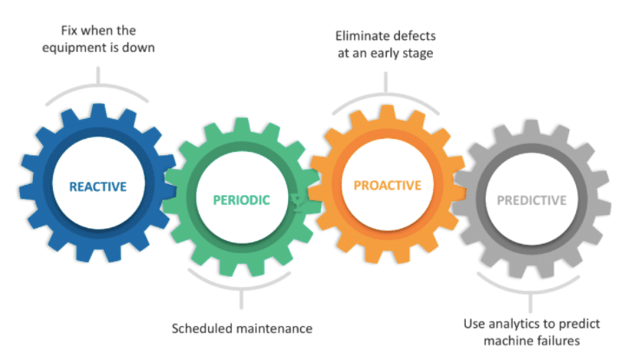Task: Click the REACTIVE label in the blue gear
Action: [x=98, y=187]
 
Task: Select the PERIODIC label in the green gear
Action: [x=241, y=200]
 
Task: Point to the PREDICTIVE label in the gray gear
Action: [x=531, y=200]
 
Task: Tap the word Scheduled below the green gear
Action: [x=200, y=329]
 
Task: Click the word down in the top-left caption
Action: [x=141, y=47]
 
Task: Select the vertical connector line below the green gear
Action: [x=241, y=298]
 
